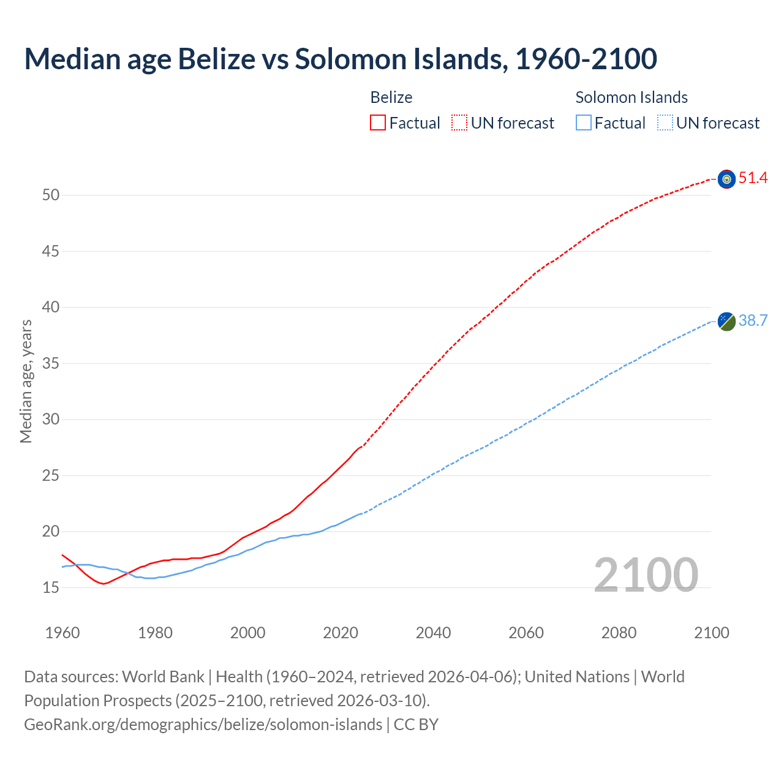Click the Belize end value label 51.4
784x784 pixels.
(x=753, y=178)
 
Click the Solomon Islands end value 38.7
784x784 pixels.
(x=753, y=321)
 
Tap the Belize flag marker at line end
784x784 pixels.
(x=726, y=179)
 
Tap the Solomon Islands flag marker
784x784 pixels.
(x=726, y=321)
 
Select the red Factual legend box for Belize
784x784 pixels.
(x=378, y=123)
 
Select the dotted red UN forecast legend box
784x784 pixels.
(x=459, y=123)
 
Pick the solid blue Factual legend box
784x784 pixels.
(x=584, y=123)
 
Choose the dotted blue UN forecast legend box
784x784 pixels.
(x=665, y=123)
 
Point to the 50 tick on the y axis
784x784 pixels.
(x=51, y=195)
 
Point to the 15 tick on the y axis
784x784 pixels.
(x=51, y=588)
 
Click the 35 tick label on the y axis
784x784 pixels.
(x=51, y=364)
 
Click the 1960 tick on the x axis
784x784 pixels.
(x=62, y=633)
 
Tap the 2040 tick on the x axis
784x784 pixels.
(x=433, y=633)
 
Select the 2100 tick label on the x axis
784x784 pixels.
(x=711, y=633)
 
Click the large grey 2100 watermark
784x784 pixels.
(x=646, y=575)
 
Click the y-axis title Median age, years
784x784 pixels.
(x=26, y=381)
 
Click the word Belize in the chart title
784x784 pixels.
(x=216, y=59)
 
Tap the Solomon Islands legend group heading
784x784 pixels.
(x=631, y=97)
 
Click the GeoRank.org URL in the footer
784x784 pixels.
(x=203, y=725)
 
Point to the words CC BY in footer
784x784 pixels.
(x=416, y=725)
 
